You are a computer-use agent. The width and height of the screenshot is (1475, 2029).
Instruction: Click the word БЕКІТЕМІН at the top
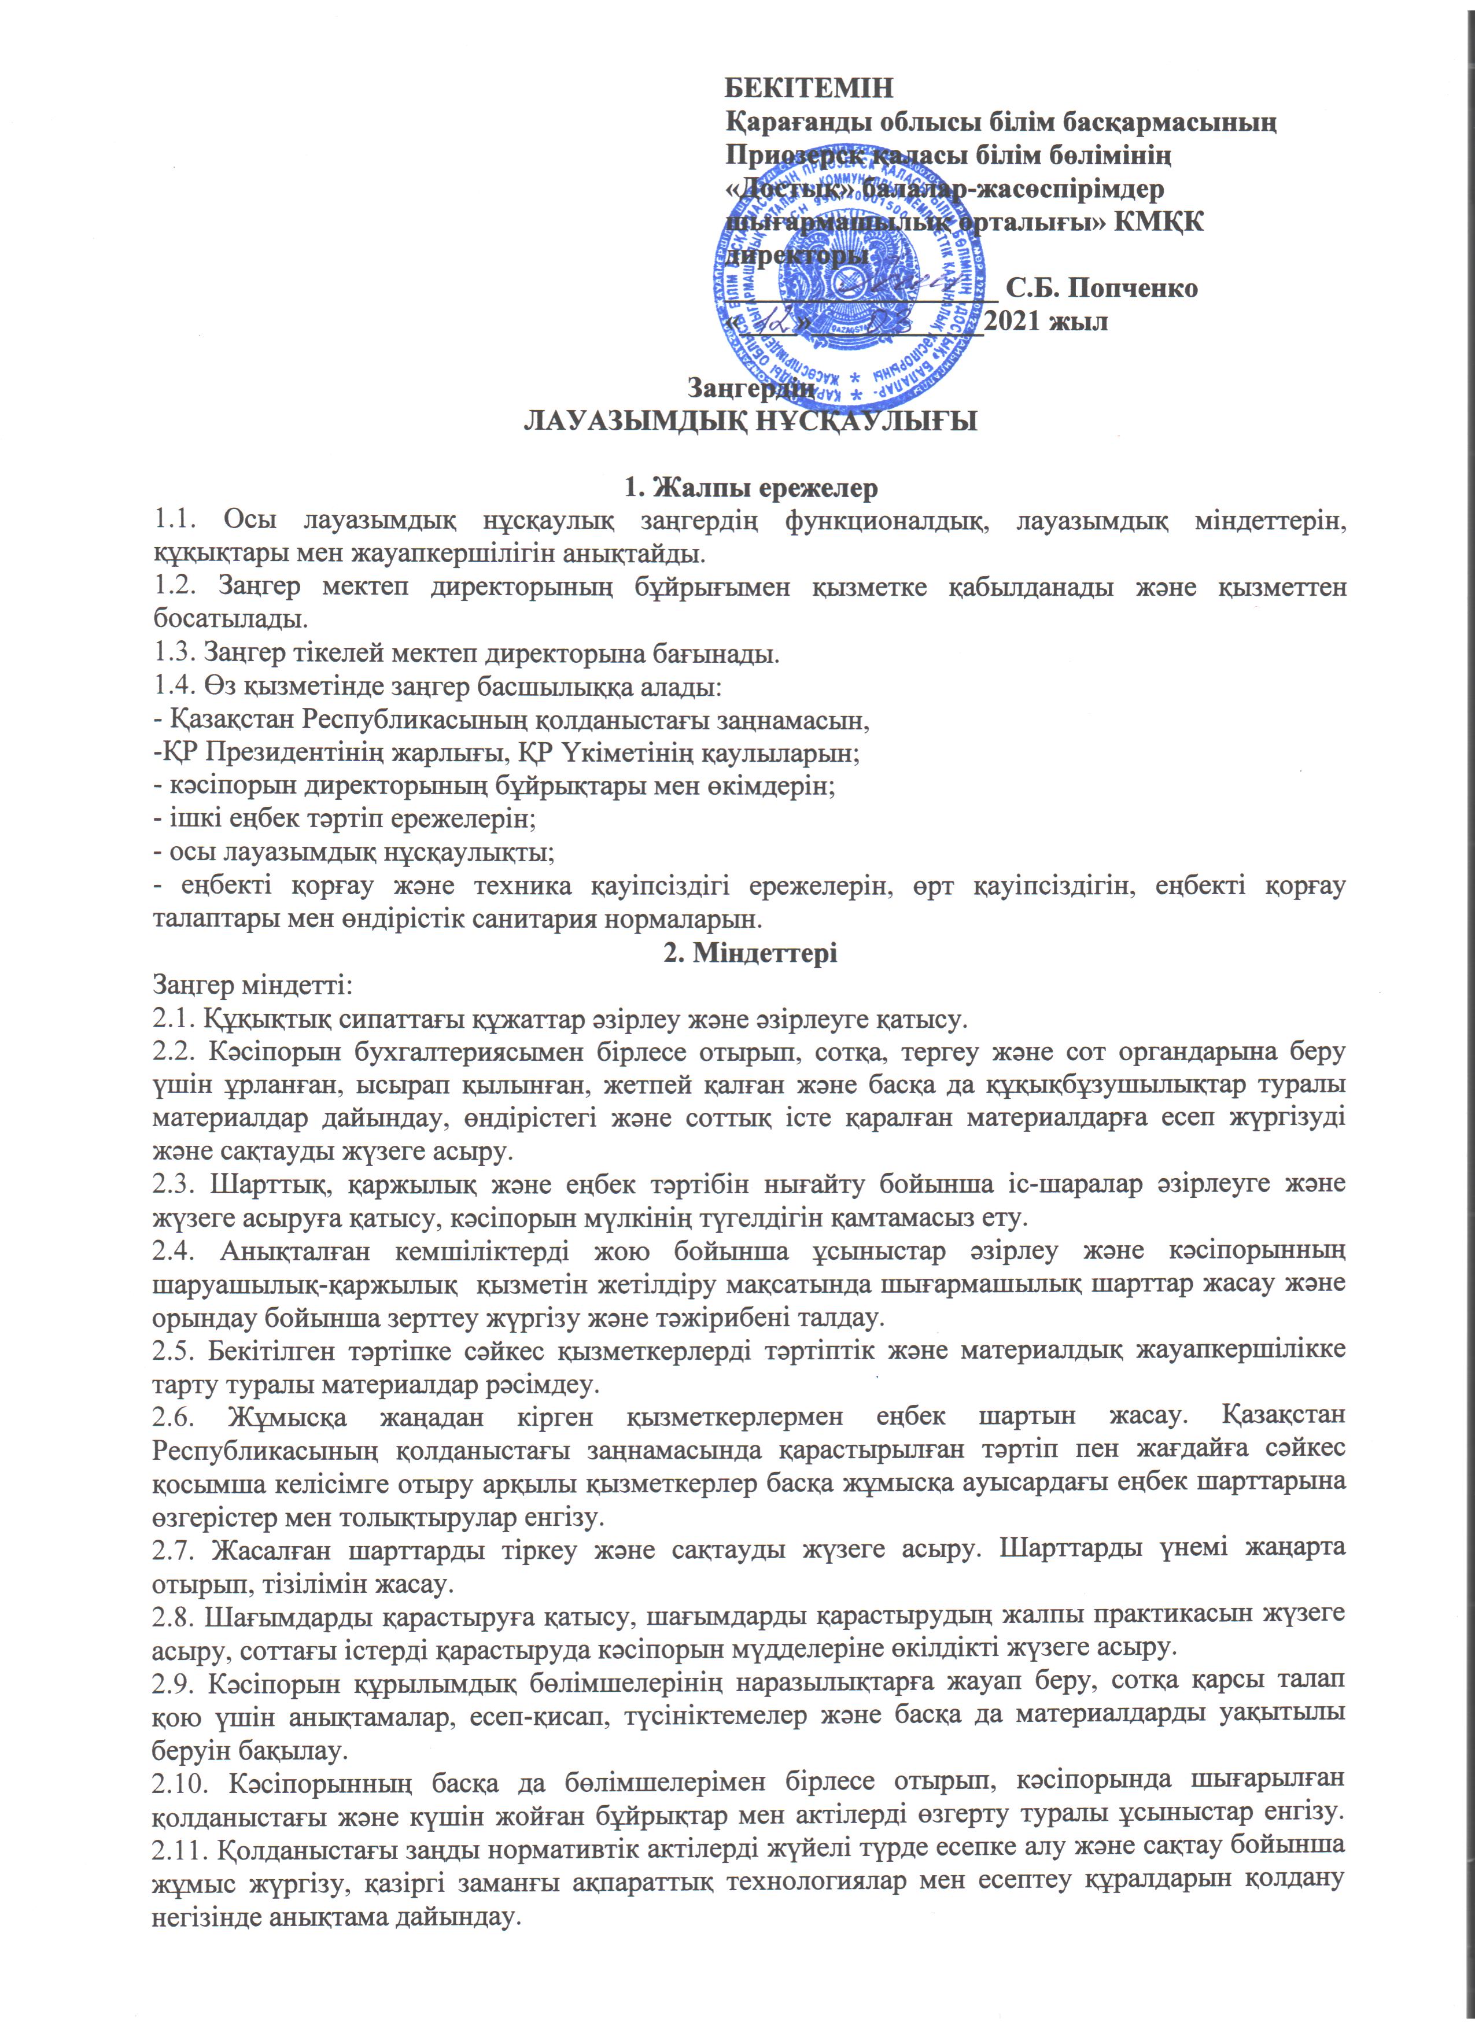click(807, 88)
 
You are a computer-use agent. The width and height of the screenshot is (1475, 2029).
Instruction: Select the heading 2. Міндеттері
click(750, 953)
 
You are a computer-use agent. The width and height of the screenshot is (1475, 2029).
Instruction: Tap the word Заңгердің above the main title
click(750, 389)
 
